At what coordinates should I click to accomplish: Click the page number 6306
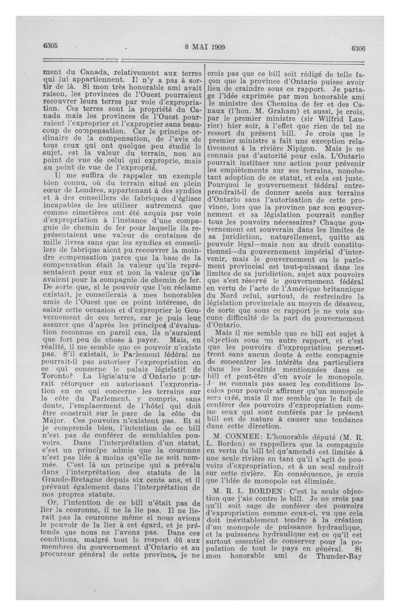click(358, 48)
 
